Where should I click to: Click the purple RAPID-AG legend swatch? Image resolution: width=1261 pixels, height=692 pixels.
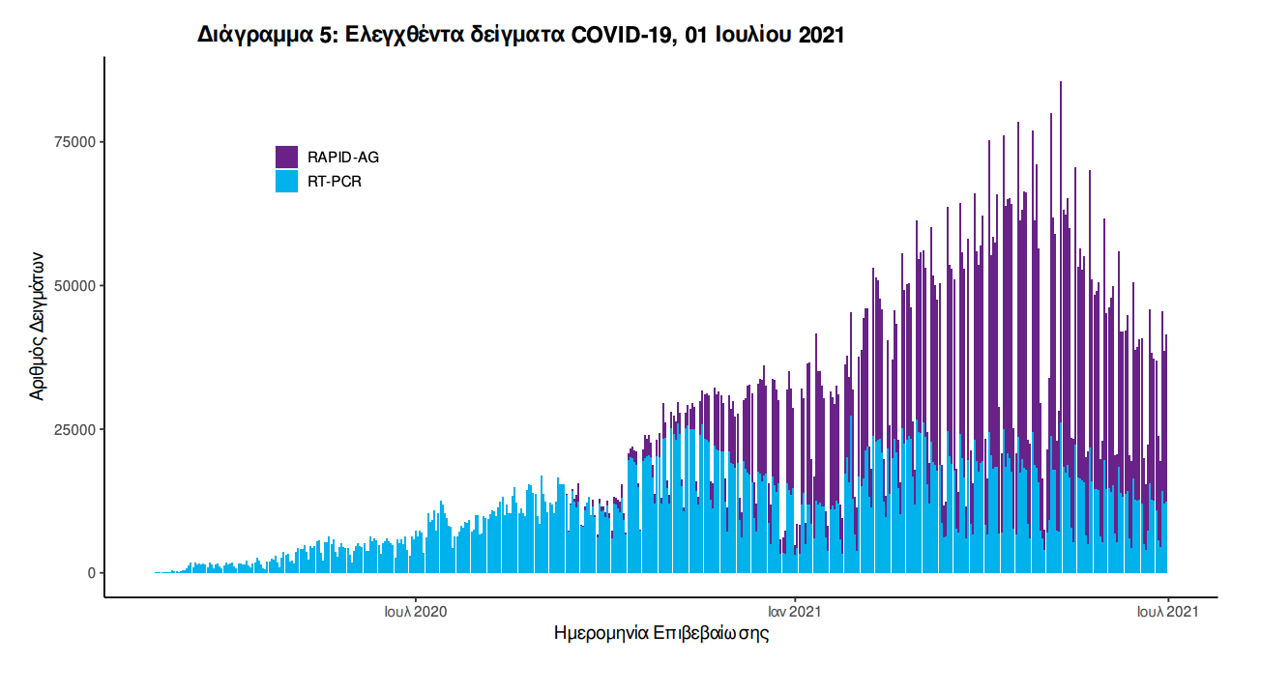[286, 157]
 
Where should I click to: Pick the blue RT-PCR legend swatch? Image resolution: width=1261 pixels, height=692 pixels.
[286, 181]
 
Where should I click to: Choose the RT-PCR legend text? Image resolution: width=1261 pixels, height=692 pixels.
[335, 181]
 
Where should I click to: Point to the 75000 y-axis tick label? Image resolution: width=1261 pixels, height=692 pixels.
[76, 142]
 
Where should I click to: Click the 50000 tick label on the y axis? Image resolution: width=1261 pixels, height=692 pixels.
[76, 286]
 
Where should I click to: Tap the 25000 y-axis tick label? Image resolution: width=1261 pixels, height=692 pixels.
[76, 429]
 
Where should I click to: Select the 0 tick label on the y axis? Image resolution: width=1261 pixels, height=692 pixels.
[92, 573]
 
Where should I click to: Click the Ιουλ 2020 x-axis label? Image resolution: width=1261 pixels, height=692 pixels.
[416, 612]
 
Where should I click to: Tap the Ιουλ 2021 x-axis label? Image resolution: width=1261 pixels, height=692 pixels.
[1168, 612]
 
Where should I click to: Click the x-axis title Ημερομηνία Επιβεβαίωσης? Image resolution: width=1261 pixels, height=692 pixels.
[661, 635]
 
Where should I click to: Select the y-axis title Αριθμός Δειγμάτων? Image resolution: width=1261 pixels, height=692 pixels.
[37, 327]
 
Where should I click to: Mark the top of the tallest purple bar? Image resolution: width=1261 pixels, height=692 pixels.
[1061, 83]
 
